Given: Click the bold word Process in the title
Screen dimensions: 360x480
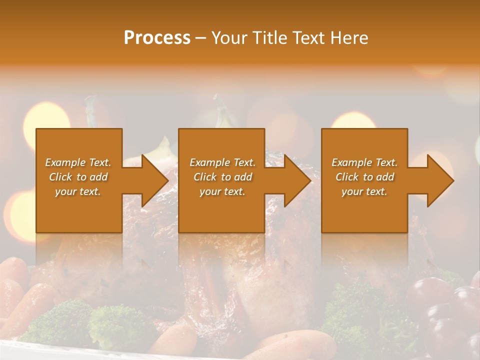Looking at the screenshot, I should [157, 38].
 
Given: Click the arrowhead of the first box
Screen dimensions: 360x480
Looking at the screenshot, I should [154, 180].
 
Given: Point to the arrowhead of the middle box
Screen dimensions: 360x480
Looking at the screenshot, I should [296, 180].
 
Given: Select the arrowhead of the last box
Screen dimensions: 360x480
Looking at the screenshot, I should [440, 180].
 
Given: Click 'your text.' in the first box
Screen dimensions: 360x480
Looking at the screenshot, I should [78, 191].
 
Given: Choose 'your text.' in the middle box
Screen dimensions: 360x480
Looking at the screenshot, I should [222, 191].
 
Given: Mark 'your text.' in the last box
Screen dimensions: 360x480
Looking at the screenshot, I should [364, 191].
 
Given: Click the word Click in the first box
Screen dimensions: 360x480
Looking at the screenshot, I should [60, 177].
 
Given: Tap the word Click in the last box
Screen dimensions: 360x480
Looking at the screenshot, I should [347, 177].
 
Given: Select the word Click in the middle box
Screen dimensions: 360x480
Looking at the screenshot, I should [205, 177].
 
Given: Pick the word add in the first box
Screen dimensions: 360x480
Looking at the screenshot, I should [98, 177].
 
